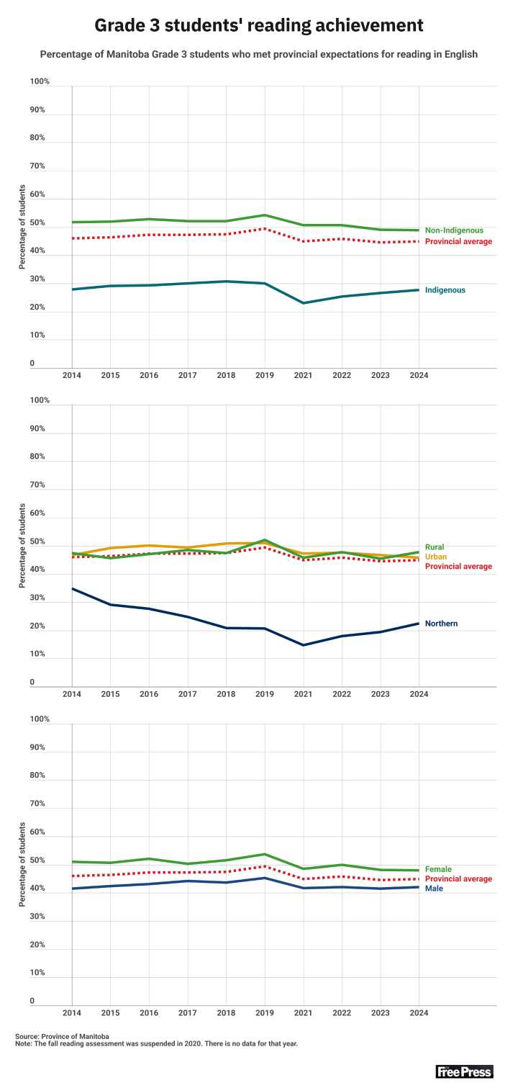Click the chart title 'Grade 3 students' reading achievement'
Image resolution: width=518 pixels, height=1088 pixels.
point(259,26)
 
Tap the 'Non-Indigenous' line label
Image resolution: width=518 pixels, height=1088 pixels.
point(453,230)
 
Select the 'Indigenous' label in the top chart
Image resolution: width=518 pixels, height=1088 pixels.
point(445,290)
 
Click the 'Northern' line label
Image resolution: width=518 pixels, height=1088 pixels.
point(441,624)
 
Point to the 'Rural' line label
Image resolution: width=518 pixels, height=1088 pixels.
point(435,547)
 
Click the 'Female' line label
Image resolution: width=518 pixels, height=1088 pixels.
point(438,869)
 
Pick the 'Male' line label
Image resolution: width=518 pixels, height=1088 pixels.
point(434,889)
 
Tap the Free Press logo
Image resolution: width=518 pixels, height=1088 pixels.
point(464,1071)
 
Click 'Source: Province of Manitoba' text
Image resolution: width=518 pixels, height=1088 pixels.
point(62,1035)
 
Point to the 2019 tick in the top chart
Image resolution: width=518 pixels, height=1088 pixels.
point(265,376)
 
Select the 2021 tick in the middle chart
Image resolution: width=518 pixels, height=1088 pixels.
point(304,695)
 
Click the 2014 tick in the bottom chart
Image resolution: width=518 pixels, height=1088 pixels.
point(72,1014)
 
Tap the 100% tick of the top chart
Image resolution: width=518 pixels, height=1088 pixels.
point(40,81)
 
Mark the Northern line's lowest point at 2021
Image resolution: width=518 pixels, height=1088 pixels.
point(304,644)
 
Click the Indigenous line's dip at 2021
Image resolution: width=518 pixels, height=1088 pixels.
point(304,303)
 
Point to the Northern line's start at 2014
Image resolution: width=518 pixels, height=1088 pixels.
point(73,589)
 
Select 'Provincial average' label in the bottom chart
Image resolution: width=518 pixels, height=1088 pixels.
point(458,879)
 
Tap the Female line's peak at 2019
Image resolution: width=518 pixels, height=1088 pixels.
point(265,854)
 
